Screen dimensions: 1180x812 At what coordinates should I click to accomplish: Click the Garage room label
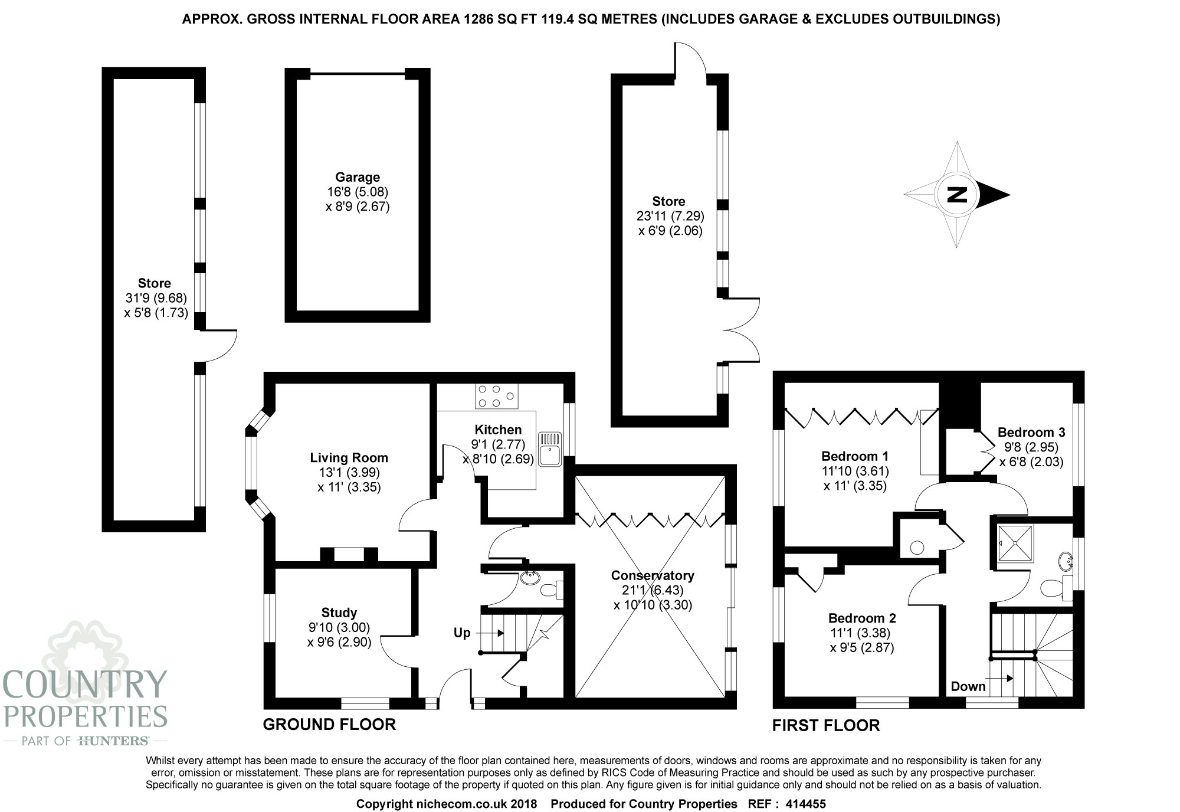coord(358,177)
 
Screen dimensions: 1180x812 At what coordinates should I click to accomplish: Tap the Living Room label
coord(349,457)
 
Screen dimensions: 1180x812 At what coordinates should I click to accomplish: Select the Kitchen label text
coord(498,430)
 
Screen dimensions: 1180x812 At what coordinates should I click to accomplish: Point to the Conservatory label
coord(653,575)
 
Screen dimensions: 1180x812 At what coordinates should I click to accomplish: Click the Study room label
coord(339,613)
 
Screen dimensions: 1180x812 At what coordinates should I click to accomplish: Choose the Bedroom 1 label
coord(855,456)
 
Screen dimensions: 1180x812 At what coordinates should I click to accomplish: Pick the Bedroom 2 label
coord(862,618)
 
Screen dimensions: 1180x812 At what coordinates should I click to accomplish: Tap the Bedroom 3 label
coord(1031,433)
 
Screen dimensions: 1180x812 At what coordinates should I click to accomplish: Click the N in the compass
coord(957,194)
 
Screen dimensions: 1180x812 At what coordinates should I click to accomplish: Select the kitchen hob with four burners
coord(497,396)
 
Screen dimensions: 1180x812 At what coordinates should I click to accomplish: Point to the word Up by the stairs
coord(462,633)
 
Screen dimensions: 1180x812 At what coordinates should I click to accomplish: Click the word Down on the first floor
coord(968,686)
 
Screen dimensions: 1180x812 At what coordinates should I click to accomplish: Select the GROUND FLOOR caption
coord(329,725)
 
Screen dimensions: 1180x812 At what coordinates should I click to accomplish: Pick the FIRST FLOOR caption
coord(826,726)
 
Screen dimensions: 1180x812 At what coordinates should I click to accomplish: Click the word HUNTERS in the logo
coord(113,741)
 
